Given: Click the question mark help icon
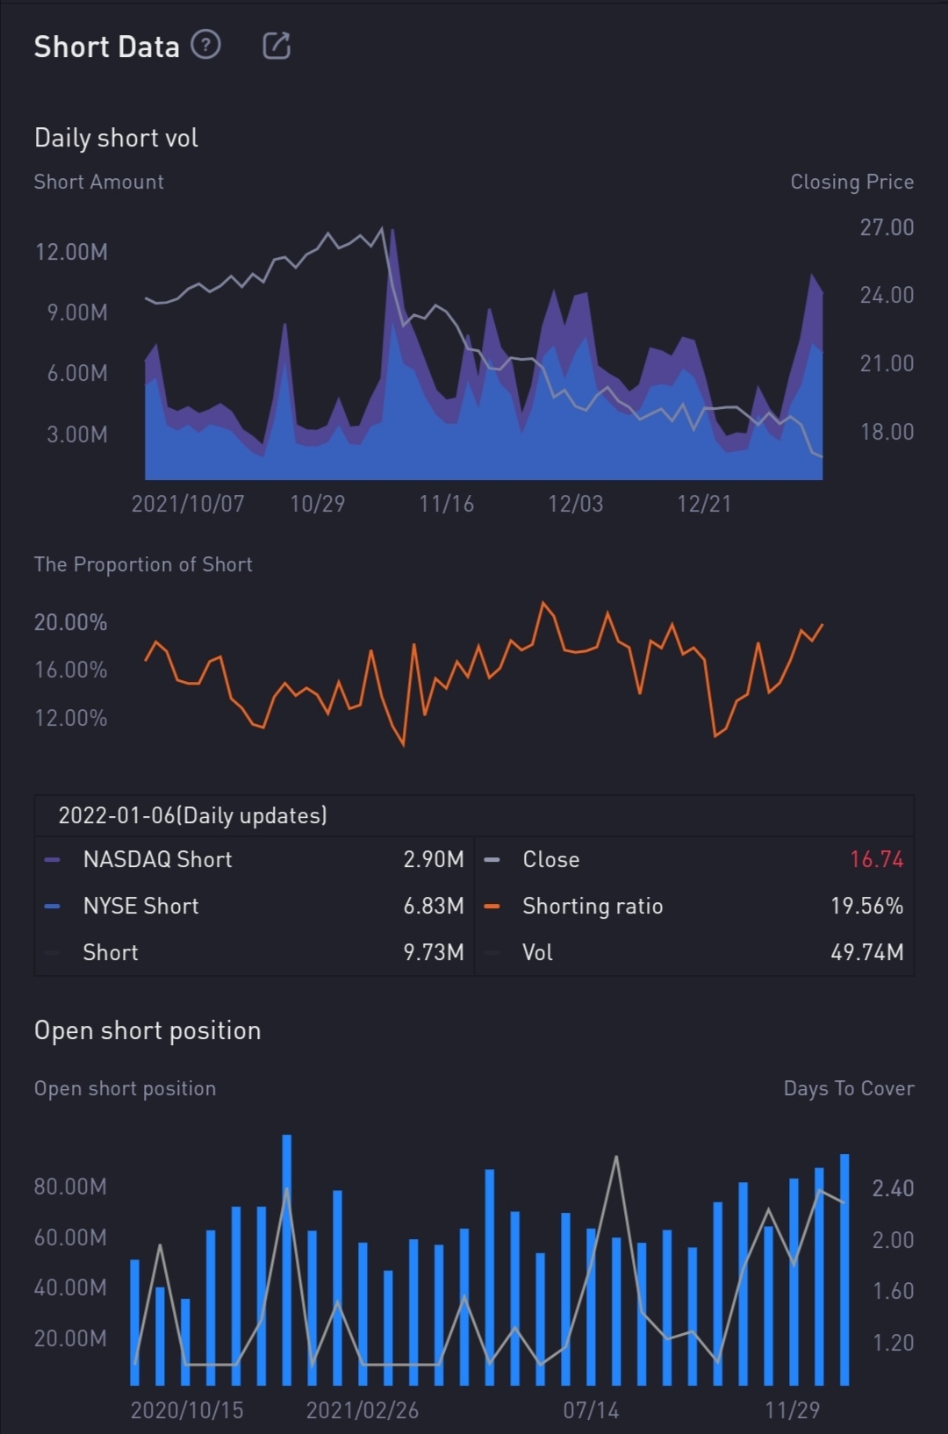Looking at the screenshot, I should pyautogui.click(x=205, y=44).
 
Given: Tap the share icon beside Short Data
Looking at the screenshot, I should pyautogui.click(x=276, y=46).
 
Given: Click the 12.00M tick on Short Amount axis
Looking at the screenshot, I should pyautogui.click(x=71, y=253).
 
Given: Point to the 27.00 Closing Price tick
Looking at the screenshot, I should pyautogui.click(x=887, y=227).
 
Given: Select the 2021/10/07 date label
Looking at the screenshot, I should pyautogui.click(x=188, y=504).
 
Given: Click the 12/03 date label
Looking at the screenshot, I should pyautogui.click(x=575, y=504).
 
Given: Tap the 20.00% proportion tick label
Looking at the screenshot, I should pyautogui.click(x=70, y=623).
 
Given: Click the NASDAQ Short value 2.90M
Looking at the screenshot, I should pyautogui.click(x=433, y=859).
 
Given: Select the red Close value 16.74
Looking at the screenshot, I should pyautogui.click(x=876, y=859).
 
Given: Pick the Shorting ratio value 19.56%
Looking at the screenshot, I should pyautogui.click(x=866, y=906).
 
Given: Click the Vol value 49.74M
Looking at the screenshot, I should pyautogui.click(x=866, y=952).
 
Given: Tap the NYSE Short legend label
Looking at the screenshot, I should pyautogui.click(x=140, y=906).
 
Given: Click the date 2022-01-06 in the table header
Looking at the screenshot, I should pyautogui.click(x=117, y=815).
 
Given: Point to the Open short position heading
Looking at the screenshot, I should pyautogui.click(x=147, y=1030).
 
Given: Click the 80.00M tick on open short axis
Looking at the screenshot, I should pyautogui.click(x=70, y=1187).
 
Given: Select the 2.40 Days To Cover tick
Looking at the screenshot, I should pyautogui.click(x=893, y=1188).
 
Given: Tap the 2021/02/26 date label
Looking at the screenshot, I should pyautogui.click(x=362, y=1410).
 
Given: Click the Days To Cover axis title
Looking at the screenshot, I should pyautogui.click(x=848, y=1088).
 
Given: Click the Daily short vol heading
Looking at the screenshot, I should pyautogui.click(x=116, y=138).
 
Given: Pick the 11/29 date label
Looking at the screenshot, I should pyautogui.click(x=792, y=1410).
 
